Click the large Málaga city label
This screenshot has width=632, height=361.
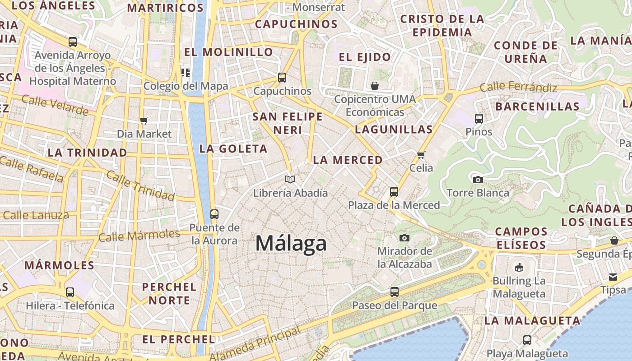(291, 243)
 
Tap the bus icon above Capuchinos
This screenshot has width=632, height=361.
(282, 77)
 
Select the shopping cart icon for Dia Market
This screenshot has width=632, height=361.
(144, 120)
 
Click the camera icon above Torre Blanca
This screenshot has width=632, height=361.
(478, 180)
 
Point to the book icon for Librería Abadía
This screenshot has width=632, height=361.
(290, 179)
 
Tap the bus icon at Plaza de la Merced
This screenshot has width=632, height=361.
(394, 192)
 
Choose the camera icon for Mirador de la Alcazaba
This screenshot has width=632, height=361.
(404, 238)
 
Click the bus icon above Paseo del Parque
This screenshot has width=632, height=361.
(395, 292)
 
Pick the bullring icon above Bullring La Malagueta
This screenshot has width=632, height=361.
(519, 267)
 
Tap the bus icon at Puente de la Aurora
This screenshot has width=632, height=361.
(214, 214)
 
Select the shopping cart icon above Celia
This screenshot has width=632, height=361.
(421, 155)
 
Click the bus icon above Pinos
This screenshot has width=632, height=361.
(479, 119)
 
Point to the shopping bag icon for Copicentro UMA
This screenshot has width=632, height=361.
(375, 86)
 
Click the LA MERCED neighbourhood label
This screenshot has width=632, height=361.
(348, 160)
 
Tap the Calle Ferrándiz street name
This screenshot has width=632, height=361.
(518, 87)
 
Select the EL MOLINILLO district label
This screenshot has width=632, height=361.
(228, 52)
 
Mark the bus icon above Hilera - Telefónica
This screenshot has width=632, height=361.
(70, 292)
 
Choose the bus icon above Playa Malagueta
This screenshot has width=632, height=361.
(527, 340)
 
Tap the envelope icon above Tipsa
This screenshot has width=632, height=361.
(613, 277)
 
